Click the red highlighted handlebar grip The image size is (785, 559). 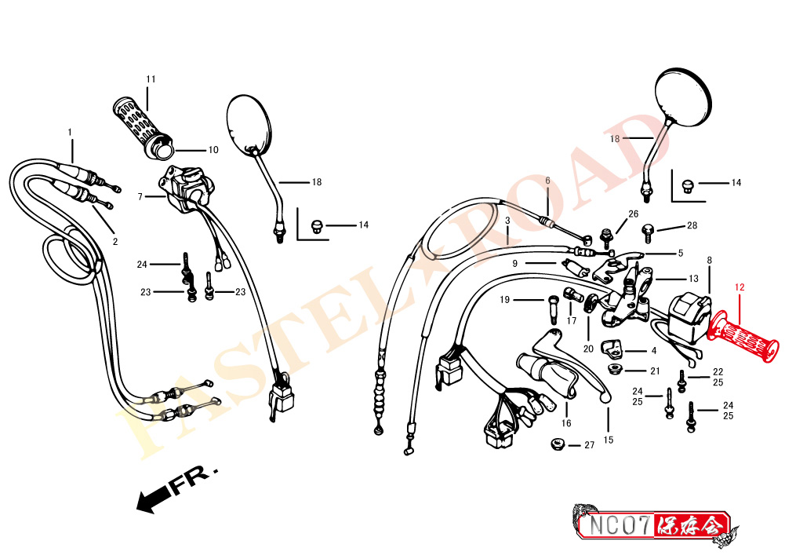tap(743, 336)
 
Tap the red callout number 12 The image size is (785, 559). tap(740, 287)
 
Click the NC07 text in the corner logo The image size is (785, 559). tap(620, 525)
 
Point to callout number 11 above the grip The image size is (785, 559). tap(151, 79)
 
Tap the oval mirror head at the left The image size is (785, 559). tap(249, 123)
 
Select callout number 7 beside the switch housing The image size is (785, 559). tap(140, 197)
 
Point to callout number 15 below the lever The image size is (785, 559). tap(609, 440)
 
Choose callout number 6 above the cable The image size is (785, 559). tap(547, 181)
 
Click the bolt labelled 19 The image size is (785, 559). tap(552, 310)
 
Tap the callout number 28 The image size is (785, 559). tap(692, 225)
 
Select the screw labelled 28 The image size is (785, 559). tap(648, 233)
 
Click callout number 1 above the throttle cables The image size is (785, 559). tap(70, 133)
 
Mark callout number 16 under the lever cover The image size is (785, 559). tap(566, 423)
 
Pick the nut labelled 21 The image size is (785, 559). tap(612, 370)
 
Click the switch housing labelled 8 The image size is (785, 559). tap(690, 317)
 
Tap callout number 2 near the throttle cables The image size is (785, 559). tap(115, 242)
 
